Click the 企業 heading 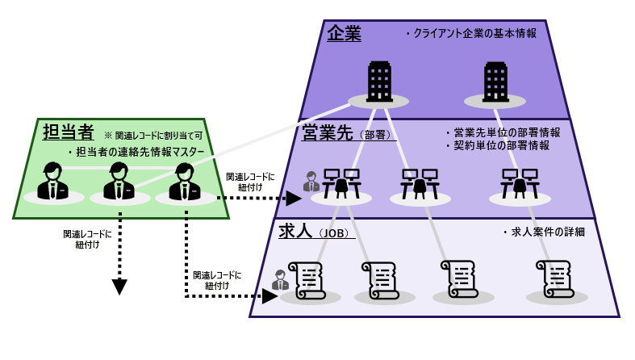click(345, 34)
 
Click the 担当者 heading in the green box click(68, 132)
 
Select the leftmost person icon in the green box click(52, 182)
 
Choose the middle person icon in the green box click(119, 182)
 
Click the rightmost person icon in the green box click(184, 182)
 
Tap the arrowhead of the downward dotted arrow click(119, 287)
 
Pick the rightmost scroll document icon click(556, 279)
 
